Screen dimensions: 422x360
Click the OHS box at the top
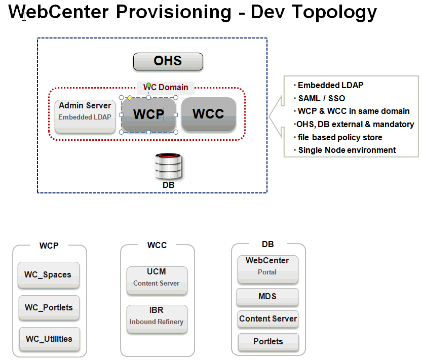pyautogui.click(x=168, y=61)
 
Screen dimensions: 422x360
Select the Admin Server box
pyautogui.click(x=85, y=116)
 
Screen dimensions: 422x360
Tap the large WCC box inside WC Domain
pyautogui.click(x=209, y=114)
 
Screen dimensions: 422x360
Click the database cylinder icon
pyautogui.click(x=169, y=166)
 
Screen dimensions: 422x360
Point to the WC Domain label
pyautogui.click(x=166, y=87)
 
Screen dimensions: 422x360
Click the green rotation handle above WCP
pyautogui.click(x=148, y=85)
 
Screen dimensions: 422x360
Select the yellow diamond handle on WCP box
pyautogui.click(x=130, y=98)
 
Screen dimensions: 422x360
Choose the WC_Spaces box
pyautogui.click(x=49, y=275)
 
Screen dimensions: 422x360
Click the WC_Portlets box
pyautogui.click(x=49, y=308)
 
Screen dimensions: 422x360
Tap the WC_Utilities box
pyautogui.click(x=50, y=339)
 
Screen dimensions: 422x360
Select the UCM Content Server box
pyautogui.click(x=157, y=281)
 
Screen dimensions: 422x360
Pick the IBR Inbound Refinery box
pyautogui.click(x=157, y=319)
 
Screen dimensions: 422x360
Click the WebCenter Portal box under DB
pyautogui.click(x=268, y=269)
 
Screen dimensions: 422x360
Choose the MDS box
pyautogui.click(x=267, y=297)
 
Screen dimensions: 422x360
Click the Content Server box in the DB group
pyautogui.click(x=268, y=319)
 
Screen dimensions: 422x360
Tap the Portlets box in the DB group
pyautogui.click(x=268, y=342)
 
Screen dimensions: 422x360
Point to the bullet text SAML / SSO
pyautogui.click(x=322, y=98)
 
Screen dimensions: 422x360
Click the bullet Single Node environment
pyautogui.click(x=347, y=150)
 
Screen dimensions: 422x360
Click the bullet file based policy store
pyautogui.click(x=340, y=137)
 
